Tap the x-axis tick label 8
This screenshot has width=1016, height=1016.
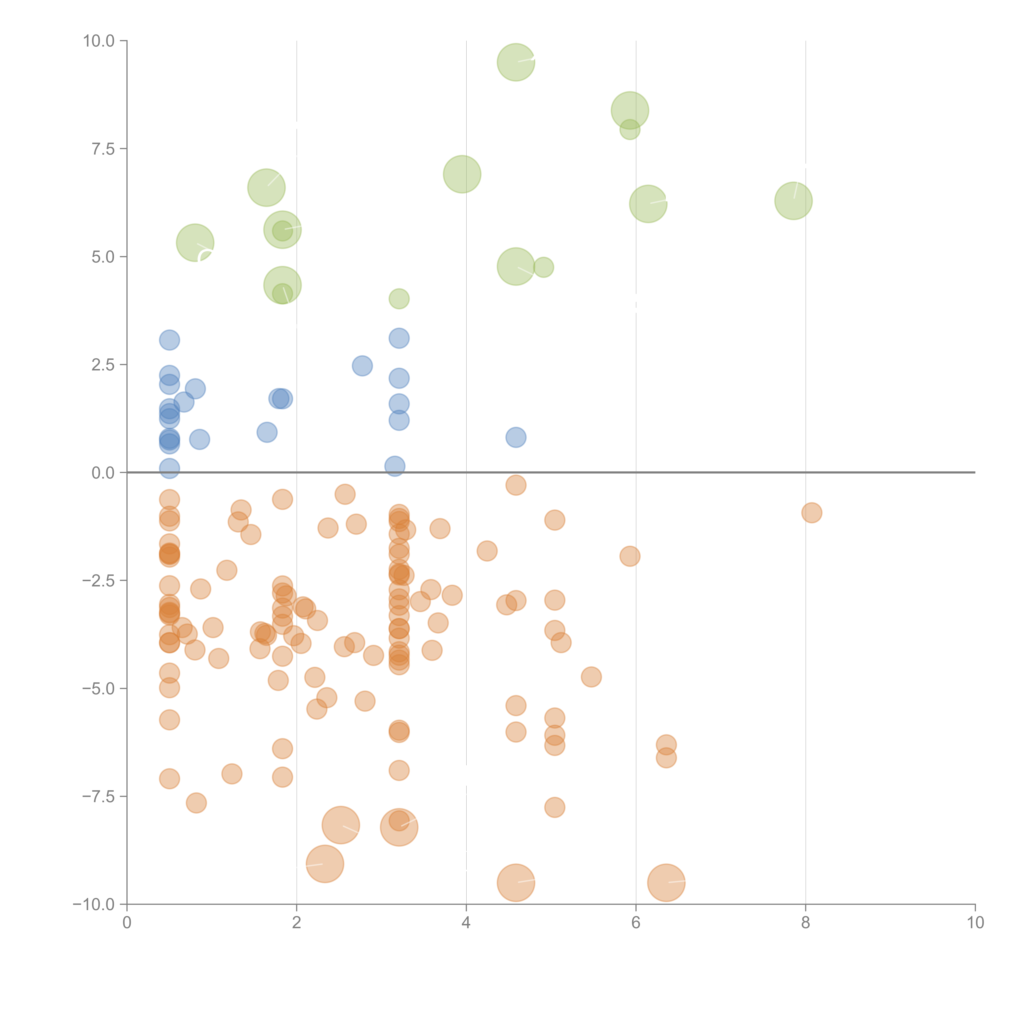coord(806,923)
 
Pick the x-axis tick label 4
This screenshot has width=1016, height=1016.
coord(466,923)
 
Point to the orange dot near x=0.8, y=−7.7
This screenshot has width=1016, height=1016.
coord(196,803)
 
